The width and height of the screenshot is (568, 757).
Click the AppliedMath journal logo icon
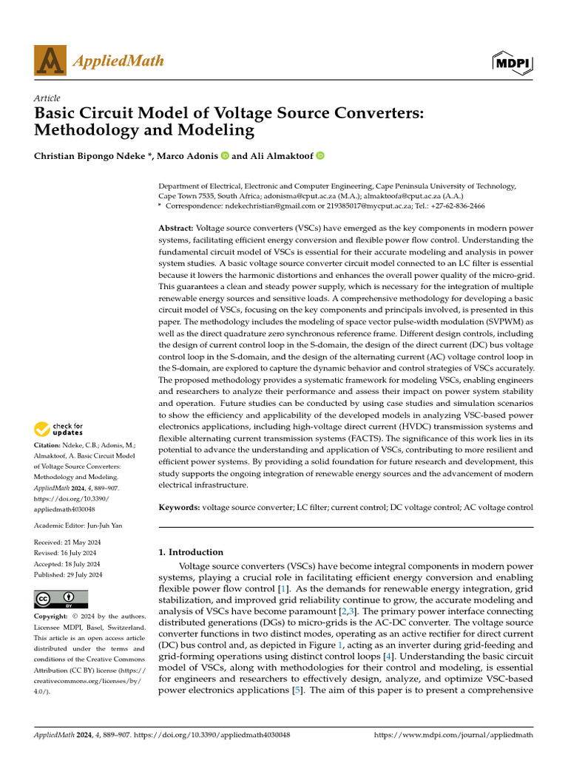[50, 61]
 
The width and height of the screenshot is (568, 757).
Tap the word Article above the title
[47, 98]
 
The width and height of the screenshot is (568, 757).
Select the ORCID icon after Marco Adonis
[224, 156]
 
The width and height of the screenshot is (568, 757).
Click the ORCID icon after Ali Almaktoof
[320, 156]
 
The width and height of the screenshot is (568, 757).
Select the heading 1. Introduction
[192, 551]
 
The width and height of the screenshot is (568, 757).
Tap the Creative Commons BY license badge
[61, 599]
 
